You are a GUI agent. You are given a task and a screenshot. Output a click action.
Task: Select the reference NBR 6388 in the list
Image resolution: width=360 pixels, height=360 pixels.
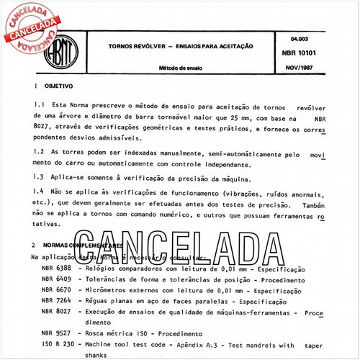(x=57, y=268)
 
